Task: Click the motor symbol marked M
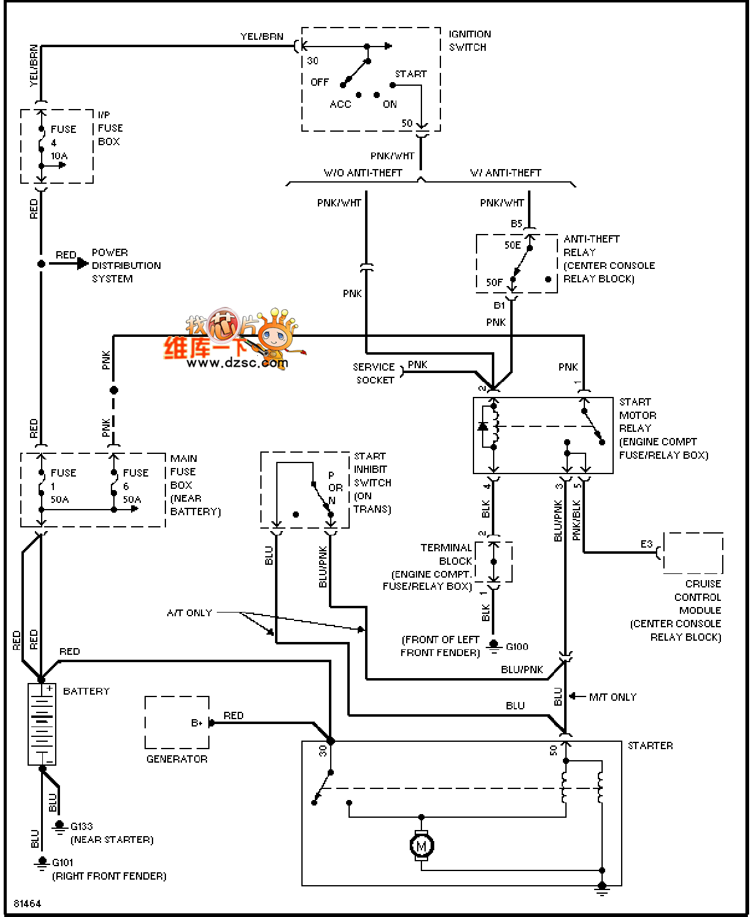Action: pos(421,846)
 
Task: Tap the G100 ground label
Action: pos(516,647)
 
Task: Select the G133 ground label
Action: pos(81,826)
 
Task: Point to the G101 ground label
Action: pos(62,862)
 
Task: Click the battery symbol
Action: pos(42,724)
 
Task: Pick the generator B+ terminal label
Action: pos(197,723)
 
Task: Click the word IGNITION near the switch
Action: pos(470,34)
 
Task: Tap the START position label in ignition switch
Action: pos(410,74)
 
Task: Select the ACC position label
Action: pos(340,104)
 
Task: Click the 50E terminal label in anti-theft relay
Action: pos(512,245)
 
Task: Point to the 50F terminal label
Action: pos(494,282)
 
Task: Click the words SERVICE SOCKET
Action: pos(374,374)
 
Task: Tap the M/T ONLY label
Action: pos(613,698)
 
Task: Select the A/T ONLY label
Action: pos(190,613)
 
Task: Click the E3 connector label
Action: pos(647,544)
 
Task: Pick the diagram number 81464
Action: pos(27,904)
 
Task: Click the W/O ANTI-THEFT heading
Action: pos(363,173)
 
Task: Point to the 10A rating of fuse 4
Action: pos(59,156)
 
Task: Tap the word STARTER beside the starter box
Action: pos(650,746)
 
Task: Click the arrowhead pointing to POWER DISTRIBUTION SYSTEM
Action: pos(83,264)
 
